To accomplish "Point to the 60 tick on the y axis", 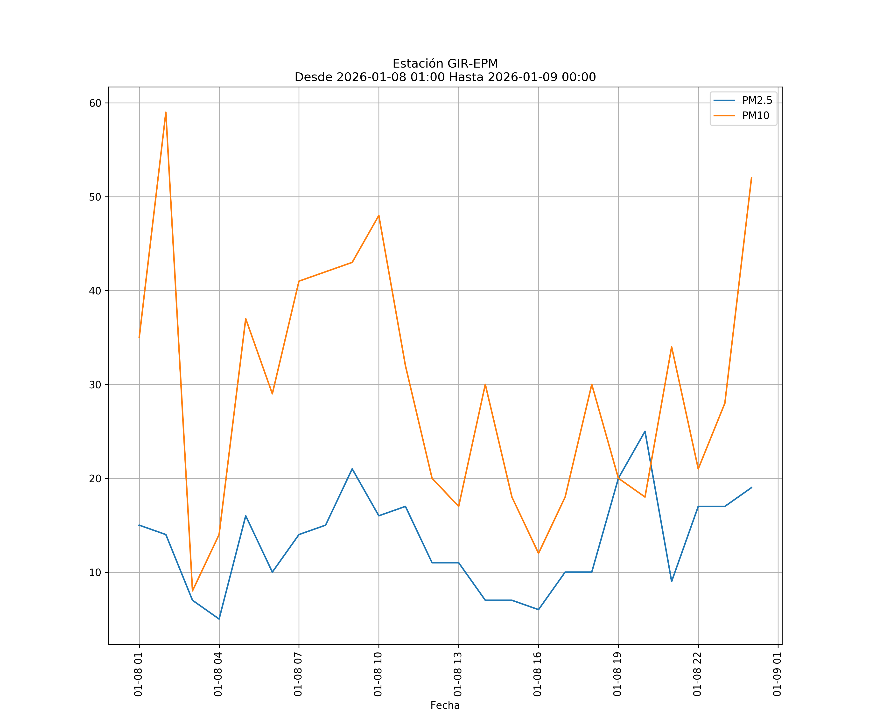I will (95, 103).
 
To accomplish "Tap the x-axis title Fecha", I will (445, 705).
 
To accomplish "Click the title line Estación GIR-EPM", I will (445, 64).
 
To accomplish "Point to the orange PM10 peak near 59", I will (166, 112).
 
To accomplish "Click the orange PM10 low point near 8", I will (192, 591).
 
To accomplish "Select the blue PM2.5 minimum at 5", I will (219, 619).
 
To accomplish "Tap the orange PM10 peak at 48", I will (379, 216).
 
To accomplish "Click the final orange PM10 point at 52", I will (751, 178).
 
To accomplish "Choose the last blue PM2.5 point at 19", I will (751, 488).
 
